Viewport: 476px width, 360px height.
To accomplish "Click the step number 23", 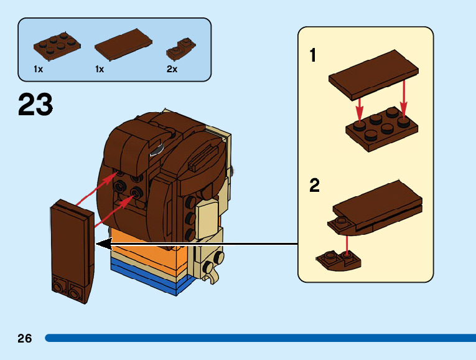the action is (x=35, y=104).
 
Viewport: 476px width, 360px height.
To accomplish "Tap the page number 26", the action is (x=25, y=338).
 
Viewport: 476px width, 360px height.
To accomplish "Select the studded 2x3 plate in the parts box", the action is (x=57, y=46).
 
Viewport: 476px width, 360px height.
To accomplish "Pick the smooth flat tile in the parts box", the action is (x=123, y=44).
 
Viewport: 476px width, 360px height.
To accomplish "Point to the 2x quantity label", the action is (x=172, y=69).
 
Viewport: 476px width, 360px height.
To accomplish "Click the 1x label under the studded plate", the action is (x=38, y=69).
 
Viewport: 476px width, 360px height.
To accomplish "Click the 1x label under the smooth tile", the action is (x=100, y=69).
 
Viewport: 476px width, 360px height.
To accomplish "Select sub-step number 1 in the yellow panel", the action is (x=313, y=55).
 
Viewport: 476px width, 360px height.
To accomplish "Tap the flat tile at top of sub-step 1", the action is (x=373, y=75).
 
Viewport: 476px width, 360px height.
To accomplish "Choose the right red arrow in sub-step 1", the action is (x=403, y=99).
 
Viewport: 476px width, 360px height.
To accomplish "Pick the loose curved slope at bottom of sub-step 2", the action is (x=338, y=260).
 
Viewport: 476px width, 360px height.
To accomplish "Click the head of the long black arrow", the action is (x=104, y=244).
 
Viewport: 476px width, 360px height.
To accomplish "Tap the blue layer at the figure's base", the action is (x=149, y=277).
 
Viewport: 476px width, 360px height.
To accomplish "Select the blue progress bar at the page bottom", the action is (x=261, y=338).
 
